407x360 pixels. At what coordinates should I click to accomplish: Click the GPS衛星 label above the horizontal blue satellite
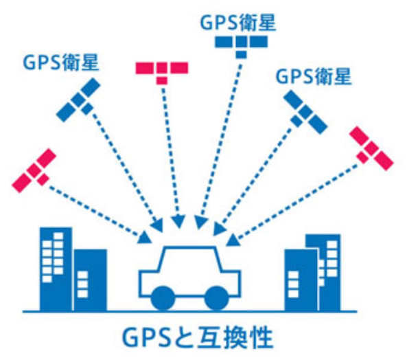tap(237, 23)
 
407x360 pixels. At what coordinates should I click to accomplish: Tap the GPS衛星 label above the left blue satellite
tap(61, 63)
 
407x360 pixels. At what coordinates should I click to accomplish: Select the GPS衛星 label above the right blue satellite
tap(314, 76)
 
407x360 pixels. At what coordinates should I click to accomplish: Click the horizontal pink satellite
tap(162, 73)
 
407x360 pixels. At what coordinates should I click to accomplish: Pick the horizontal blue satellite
tap(241, 47)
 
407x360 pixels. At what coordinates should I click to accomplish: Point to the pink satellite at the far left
tap(34, 170)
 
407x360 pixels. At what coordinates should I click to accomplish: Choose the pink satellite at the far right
tap(371, 148)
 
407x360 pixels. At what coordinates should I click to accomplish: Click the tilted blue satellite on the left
tap(78, 100)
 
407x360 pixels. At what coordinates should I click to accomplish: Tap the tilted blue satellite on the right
tap(305, 112)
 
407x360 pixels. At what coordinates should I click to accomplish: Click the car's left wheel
tap(163, 298)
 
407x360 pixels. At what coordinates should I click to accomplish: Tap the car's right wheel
tap(217, 298)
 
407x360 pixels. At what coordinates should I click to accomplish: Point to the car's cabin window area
tap(190, 259)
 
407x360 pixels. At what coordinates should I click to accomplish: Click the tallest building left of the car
tap(56, 269)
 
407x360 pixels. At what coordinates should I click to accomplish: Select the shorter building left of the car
tap(91, 280)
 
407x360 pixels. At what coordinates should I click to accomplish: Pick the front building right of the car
tap(301, 280)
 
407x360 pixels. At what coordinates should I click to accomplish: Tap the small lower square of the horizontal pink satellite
tap(162, 80)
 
